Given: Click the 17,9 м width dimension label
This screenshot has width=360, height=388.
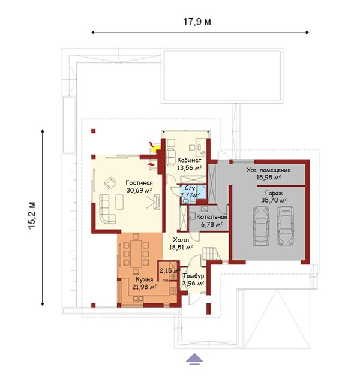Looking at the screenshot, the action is pos(197,22).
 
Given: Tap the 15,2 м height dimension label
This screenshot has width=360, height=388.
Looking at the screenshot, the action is pos(32,216).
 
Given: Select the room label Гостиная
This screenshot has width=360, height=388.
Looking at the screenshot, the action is pos(139,183).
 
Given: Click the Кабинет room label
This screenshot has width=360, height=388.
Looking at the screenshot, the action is pos(189,160).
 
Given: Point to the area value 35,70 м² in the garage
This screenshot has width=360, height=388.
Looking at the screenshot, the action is pos(274,200).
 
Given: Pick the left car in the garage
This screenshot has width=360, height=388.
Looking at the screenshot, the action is pos(261,226).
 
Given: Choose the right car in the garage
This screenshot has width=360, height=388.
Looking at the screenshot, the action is pos(286,226).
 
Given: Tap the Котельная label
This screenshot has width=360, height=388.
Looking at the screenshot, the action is pos(212,217).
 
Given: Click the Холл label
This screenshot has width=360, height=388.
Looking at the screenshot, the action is pos(181,240).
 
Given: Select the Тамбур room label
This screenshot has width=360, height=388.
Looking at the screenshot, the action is pos(193,276).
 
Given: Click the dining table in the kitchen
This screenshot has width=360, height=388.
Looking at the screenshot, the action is pos(136,254).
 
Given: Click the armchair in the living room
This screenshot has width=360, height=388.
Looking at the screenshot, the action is pos(110,183).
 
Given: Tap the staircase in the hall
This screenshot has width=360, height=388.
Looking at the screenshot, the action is pos(211,254).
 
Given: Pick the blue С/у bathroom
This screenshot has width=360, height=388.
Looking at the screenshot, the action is pos(194,194).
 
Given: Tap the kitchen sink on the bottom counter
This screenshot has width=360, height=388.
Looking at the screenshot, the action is pos(138,299).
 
